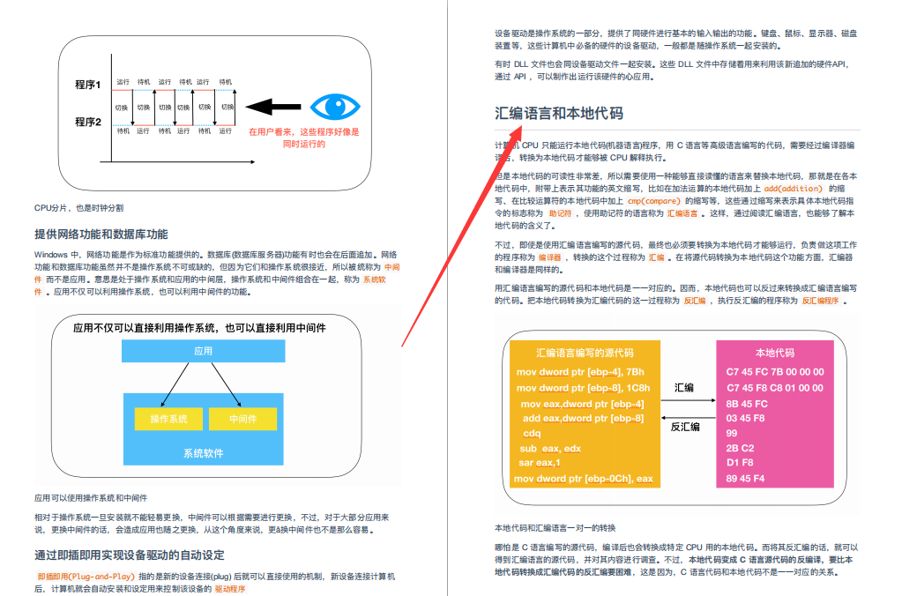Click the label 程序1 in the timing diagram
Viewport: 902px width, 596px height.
point(88,85)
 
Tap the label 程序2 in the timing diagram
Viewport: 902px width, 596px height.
point(88,122)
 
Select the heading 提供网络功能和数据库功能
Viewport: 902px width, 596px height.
point(101,235)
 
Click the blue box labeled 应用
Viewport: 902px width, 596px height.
point(203,350)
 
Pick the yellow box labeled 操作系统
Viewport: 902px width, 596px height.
point(168,419)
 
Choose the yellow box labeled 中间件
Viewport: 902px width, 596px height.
point(242,419)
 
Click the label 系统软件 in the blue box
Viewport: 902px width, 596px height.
point(203,453)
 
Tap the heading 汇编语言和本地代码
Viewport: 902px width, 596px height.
point(559,113)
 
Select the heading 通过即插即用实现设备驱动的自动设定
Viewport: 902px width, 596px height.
point(129,555)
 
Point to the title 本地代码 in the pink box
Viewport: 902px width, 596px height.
point(774,353)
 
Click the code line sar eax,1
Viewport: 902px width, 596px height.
point(539,463)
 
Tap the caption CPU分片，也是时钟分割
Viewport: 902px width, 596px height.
point(78,208)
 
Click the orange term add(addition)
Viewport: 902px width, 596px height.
point(793,189)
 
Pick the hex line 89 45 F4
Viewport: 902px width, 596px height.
point(746,479)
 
